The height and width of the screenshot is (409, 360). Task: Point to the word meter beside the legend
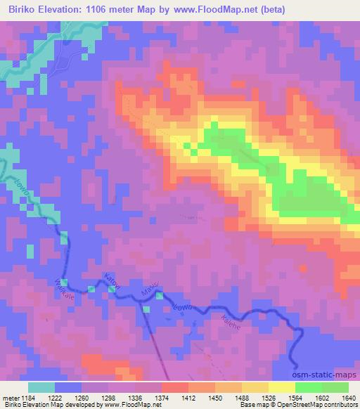pyautogui.click(x=11, y=397)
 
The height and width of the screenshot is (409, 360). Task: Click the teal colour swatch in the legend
pyautogui.click(x=41, y=387)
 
